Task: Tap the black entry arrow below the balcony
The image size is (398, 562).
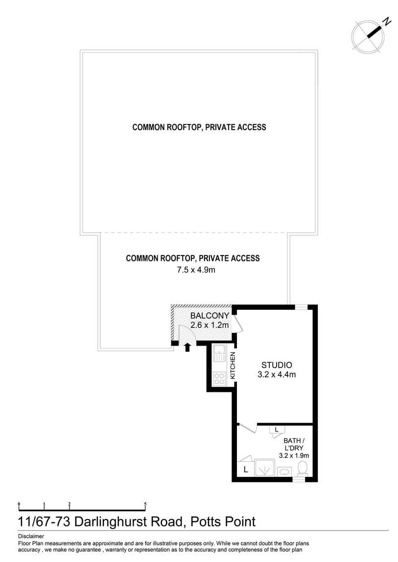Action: click(187, 347)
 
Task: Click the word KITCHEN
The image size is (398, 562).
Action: click(233, 366)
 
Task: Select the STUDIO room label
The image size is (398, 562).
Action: click(277, 365)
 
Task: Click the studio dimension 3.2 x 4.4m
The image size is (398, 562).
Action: click(277, 375)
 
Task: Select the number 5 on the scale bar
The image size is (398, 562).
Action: click(145, 503)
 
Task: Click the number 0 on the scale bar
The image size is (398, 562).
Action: click(19, 503)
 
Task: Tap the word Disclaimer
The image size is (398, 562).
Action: click(31, 536)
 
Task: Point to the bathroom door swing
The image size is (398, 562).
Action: click(248, 429)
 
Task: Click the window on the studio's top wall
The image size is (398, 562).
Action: click(301, 307)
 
